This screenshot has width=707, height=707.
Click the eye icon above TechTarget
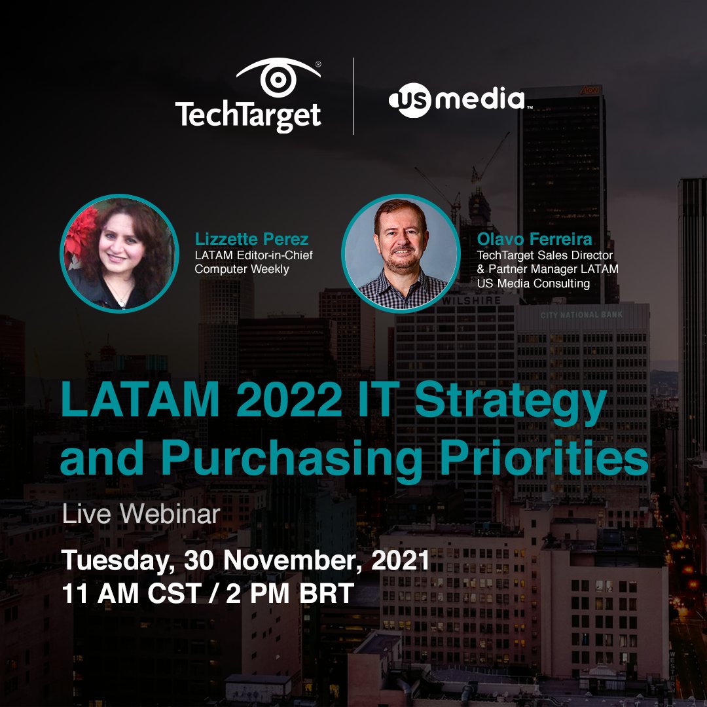(x=278, y=79)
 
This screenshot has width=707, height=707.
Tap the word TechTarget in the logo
(x=248, y=116)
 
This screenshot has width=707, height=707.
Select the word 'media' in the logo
(x=480, y=100)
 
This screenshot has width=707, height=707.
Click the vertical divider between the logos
(x=354, y=96)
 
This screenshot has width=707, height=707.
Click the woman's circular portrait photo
(x=120, y=253)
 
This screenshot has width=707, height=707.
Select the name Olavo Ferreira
(x=535, y=239)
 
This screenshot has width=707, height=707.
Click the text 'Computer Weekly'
(x=242, y=268)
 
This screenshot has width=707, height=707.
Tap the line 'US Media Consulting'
(x=534, y=283)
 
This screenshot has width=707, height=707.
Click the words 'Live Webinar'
(x=141, y=514)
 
